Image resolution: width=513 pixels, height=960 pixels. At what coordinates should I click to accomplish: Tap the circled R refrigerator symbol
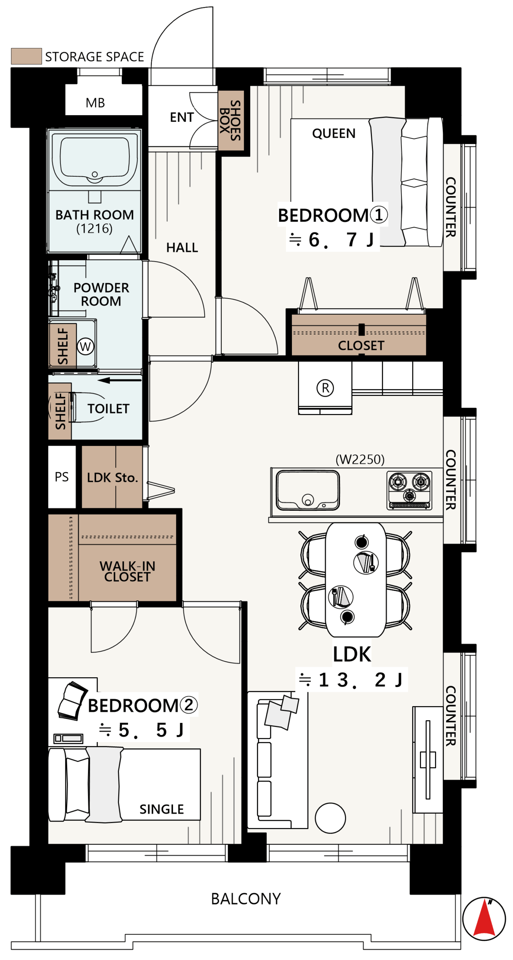click(325, 387)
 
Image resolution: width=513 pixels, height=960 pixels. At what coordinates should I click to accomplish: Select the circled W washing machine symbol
click(85, 346)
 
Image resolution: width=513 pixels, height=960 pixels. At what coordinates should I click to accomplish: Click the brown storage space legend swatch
click(26, 56)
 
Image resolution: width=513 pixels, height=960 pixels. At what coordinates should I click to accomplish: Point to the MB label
click(95, 102)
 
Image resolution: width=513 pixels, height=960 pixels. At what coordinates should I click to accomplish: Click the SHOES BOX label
click(230, 120)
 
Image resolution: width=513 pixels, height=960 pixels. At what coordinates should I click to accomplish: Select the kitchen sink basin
click(307, 490)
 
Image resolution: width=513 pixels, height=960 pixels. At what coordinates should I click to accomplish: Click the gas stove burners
click(409, 489)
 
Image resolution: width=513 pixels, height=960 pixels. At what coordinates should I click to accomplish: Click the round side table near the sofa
click(330, 817)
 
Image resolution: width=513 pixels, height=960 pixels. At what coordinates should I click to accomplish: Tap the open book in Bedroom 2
click(72, 700)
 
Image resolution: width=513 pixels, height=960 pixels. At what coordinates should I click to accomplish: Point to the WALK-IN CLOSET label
click(127, 571)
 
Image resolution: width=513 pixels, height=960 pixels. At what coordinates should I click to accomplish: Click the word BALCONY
click(246, 898)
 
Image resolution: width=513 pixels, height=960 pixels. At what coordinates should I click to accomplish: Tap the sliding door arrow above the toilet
click(119, 380)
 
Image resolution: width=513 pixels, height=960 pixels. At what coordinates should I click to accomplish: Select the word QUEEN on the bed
click(333, 133)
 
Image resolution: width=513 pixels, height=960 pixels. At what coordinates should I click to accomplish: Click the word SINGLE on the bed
click(161, 809)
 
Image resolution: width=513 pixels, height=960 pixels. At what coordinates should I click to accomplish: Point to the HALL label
click(182, 247)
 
